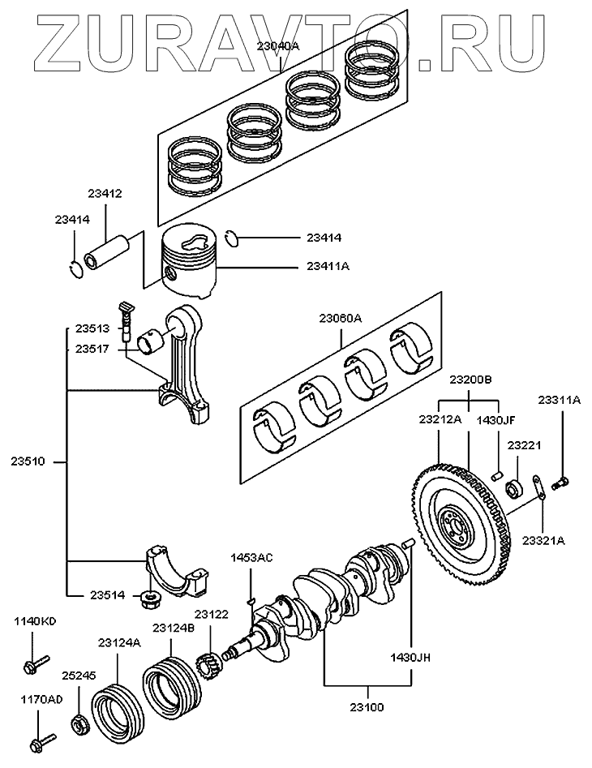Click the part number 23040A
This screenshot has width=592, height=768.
click(277, 47)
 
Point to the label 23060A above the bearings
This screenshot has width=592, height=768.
click(340, 319)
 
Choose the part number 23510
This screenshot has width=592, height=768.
click(30, 462)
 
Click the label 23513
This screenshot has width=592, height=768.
click(93, 328)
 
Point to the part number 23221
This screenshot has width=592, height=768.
click(524, 445)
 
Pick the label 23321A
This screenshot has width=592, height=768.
click(544, 540)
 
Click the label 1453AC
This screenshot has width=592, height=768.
click(251, 558)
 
